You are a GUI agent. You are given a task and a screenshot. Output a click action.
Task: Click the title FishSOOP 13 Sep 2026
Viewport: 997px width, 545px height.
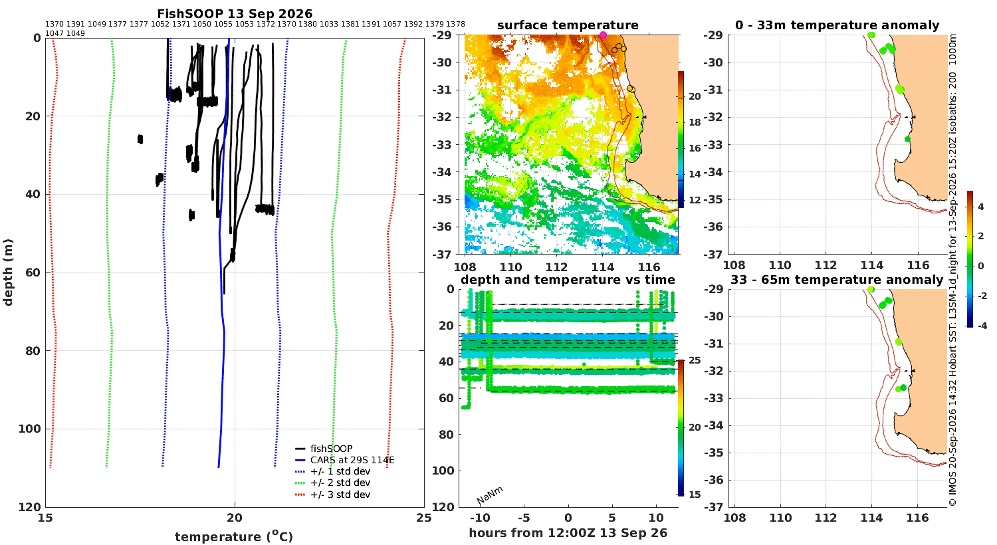235,14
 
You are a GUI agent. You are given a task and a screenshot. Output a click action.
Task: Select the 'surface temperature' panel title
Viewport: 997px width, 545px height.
568,25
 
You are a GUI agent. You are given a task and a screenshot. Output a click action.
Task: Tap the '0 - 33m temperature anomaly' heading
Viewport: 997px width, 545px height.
837,25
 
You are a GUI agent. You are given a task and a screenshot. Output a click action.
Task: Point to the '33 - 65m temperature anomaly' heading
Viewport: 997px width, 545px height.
837,280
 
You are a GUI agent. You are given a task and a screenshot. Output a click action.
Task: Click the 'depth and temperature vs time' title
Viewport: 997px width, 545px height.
568,280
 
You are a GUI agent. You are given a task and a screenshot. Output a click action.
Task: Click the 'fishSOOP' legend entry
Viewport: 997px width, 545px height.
324,449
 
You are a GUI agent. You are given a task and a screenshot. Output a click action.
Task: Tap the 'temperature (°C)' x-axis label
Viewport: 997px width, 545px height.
234,537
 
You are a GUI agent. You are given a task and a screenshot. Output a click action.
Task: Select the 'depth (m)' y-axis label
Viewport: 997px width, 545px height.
8,272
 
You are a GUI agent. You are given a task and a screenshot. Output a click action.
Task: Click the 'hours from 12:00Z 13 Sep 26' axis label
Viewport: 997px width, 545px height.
568,533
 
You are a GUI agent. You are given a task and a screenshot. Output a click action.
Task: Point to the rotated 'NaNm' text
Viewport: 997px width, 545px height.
490,495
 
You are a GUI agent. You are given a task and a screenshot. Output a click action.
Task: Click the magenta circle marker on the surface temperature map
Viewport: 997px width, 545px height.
603,35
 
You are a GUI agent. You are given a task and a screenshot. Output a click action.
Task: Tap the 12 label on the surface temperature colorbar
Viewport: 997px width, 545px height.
695,200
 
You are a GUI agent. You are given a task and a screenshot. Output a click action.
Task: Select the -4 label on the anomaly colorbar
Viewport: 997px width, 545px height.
982,326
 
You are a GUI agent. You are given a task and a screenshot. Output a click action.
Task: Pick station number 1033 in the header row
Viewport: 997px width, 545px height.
329,24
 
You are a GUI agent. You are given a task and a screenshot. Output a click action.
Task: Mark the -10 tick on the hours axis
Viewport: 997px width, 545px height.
480,518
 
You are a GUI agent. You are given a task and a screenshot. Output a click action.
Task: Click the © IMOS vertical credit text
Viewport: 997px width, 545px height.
952,271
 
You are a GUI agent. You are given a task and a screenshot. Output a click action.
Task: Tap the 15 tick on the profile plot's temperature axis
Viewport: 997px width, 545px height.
45,518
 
